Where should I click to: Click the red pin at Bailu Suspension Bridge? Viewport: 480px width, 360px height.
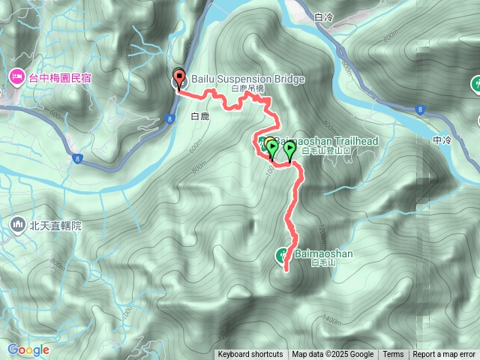[178, 77]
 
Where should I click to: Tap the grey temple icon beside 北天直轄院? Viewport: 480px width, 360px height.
[16, 223]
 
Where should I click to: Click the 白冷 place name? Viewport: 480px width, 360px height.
[324, 16]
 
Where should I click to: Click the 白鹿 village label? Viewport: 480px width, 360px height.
[200, 117]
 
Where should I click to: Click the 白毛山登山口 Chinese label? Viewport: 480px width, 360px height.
[325, 151]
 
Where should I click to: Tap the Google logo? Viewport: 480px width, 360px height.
[28, 349]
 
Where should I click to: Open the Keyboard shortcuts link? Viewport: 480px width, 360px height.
[250, 355]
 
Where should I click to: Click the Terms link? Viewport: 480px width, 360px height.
[393, 355]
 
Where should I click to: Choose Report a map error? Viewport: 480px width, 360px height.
[444, 355]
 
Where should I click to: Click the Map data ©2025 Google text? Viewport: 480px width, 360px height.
[332, 355]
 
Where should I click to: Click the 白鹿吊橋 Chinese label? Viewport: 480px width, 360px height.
[247, 88]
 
